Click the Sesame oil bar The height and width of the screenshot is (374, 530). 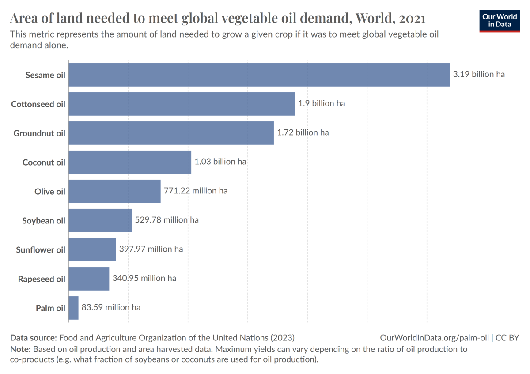pos(259,75)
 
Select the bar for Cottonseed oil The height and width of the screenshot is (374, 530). pos(182,104)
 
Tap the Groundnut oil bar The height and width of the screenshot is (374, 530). pos(171,133)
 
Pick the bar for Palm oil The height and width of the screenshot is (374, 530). pos(73,308)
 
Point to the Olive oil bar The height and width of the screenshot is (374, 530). pos(114,191)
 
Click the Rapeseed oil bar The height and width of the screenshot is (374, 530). pos(89,279)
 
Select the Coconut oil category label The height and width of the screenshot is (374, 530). pos(44,162)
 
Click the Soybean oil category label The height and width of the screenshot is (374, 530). pos(43,220)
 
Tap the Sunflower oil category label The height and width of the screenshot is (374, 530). pos(41,250)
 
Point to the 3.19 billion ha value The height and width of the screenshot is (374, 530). pos(479,74)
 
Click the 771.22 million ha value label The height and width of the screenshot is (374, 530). pos(196,191)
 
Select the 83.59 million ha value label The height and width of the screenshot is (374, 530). pos(111,307)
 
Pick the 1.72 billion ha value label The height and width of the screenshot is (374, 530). pos(303,132)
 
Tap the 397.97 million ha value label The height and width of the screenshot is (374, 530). pos(151,249)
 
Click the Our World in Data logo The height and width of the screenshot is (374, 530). pos(500,21)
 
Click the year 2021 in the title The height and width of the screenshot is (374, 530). pos(412,19)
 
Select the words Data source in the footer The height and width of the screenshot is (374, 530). pos(33,338)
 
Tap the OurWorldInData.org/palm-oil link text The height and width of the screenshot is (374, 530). pos(434,338)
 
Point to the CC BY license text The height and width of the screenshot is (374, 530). pos(507,338)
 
